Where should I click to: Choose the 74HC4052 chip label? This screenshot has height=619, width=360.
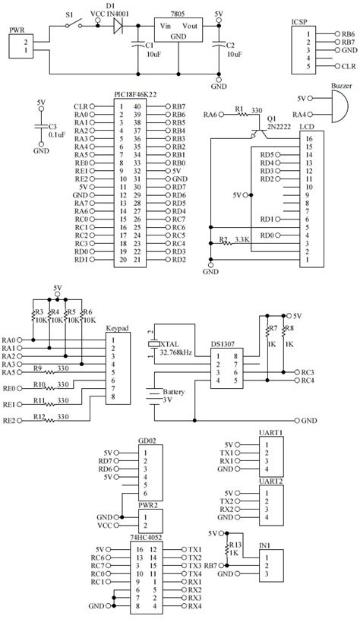click(146, 537)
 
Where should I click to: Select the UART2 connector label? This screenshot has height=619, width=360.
click(270, 482)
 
